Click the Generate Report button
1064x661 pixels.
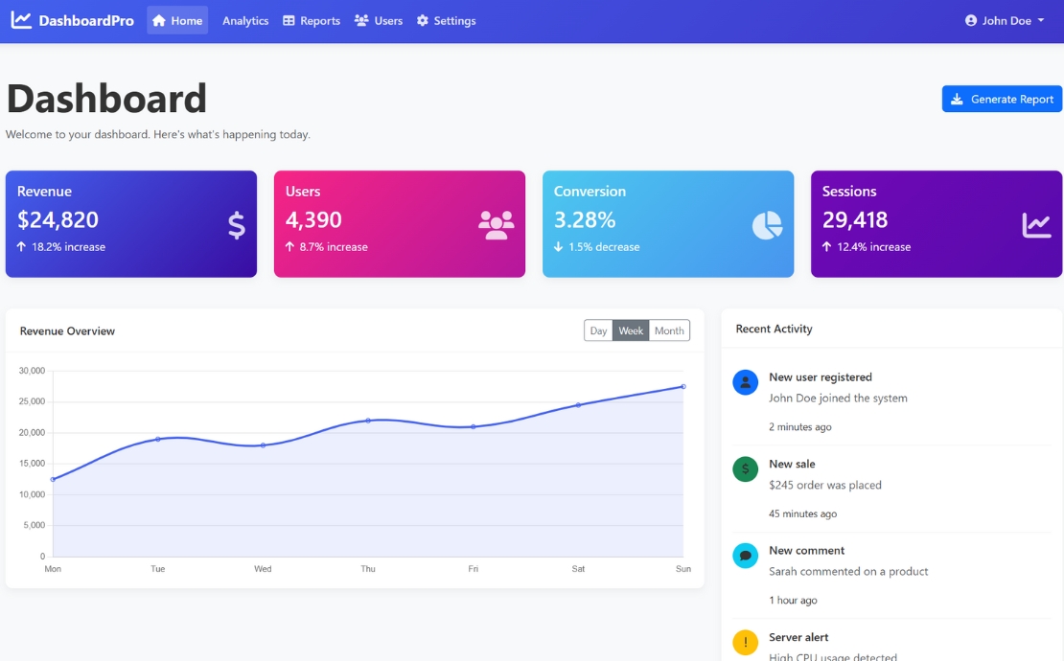(1002, 99)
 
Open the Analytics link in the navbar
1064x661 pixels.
(245, 20)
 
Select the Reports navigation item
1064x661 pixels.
(312, 20)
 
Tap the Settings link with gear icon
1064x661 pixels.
(446, 20)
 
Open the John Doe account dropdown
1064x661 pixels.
(1005, 20)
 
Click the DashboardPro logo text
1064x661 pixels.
(85, 20)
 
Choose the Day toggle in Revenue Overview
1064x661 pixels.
(598, 330)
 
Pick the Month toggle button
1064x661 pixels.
(669, 330)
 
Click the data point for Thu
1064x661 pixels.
(368, 421)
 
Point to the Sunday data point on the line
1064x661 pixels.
(683, 386)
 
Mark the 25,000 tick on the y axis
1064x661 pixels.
(32, 401)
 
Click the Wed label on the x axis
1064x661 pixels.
(263, 569)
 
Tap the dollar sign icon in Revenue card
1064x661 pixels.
(236, 225)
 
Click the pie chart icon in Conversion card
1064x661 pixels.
(767, 225)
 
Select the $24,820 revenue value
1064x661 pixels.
(58, 219)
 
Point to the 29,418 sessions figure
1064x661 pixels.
(855, 219)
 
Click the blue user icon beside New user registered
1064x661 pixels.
(745, 382)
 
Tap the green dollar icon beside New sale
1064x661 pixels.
(745, 468)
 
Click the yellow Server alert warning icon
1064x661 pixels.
(745, 642)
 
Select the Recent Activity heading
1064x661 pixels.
(774, 329)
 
